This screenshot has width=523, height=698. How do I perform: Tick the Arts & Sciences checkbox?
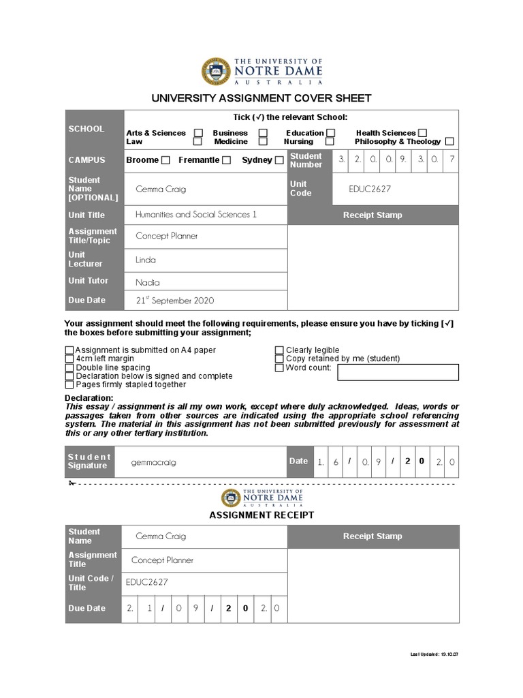point(198,133)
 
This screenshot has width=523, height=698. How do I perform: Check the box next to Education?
point(330,133)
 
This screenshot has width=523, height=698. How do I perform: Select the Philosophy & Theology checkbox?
point(449,142)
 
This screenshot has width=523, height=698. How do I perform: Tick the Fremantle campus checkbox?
point(227,160)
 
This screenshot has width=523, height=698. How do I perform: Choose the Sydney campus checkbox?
point(279,160)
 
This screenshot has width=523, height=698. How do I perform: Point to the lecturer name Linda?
point(146,260)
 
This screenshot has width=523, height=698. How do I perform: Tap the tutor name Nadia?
point(148,282)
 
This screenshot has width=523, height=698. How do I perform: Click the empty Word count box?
point(398,372)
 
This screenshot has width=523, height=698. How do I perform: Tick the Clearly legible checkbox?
point(279,350)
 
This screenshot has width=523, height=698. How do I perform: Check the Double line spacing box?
point(69,368)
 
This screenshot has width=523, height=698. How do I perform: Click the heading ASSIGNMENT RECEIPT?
point(261,515)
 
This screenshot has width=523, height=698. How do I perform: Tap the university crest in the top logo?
point(216,72)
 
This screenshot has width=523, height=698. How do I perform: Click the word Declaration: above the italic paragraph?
point(89,398)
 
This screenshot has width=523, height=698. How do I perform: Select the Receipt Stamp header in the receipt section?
point(373,536)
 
